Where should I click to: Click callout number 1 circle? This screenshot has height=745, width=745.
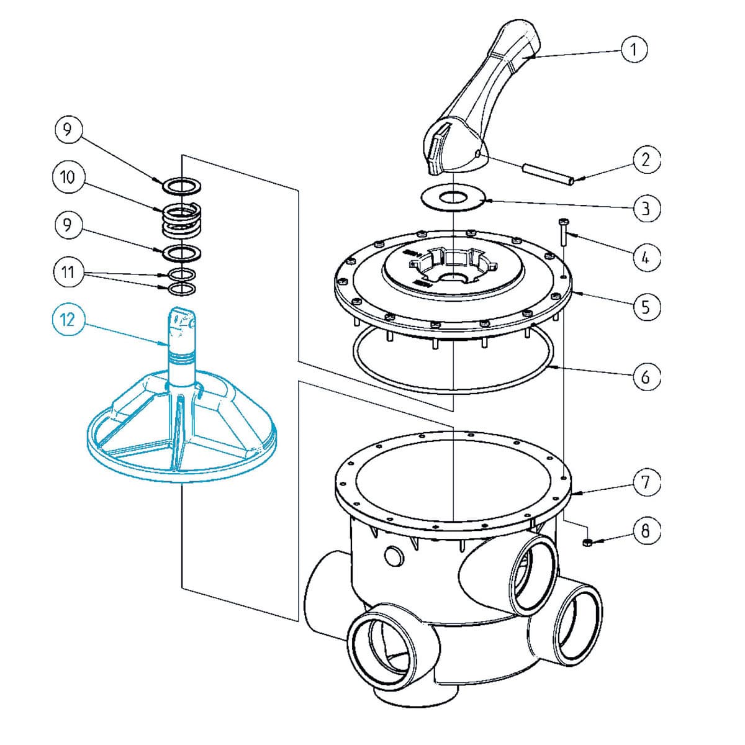pos(634,49)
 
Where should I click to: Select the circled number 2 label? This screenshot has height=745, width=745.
pos(646,160)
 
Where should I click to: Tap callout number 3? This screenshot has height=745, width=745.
pos(646,207)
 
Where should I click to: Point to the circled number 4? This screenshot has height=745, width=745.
pos(646,256)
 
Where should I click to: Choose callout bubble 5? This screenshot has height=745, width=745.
pos(646,306)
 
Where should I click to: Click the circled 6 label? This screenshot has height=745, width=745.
pos(646,376)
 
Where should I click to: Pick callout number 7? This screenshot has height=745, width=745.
pos(646,482)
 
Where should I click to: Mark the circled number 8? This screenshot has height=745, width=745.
pos(646,531)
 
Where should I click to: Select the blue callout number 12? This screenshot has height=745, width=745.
pos(67,319)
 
